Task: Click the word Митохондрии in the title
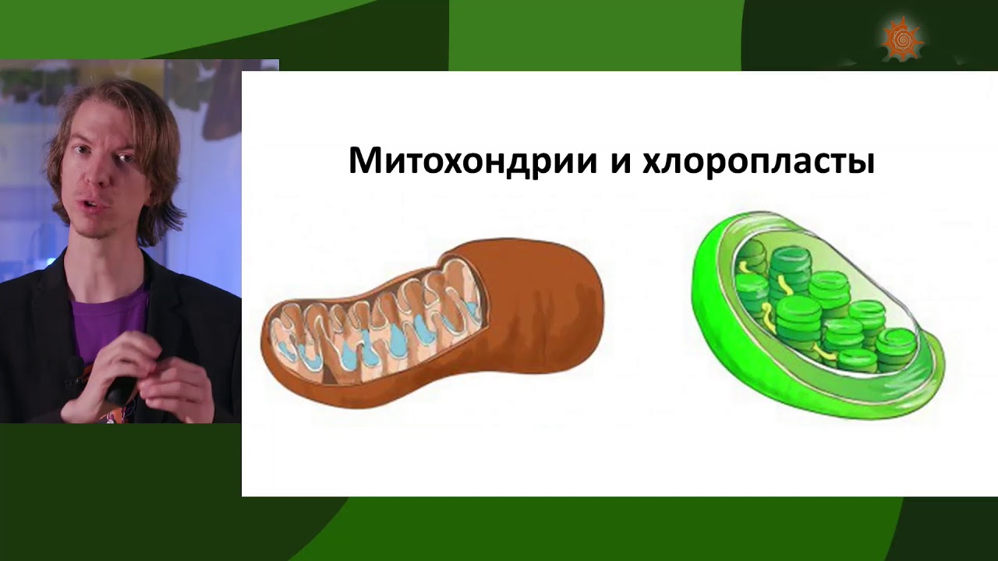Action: (x=472, y=161)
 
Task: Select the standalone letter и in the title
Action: (x=620, y=163)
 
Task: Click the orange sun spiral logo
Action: (x=902, y=39)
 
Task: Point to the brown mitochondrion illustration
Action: (x=432, y=323)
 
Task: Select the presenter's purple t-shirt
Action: (x=108, y=320)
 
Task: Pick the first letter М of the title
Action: (x=366, y=161)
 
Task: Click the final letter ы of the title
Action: (x=859, y=163)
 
